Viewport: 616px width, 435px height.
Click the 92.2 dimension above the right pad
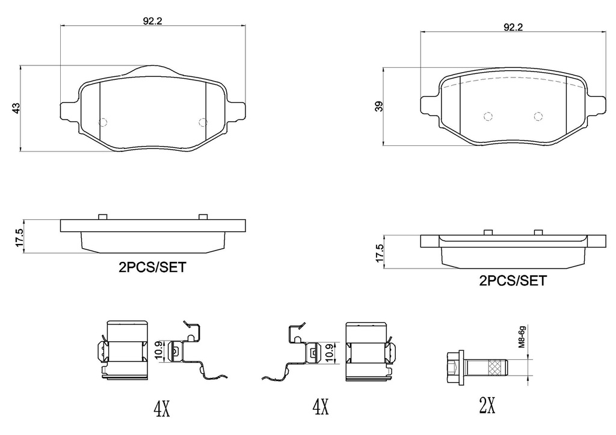pyautogui.click(x=513, y=27)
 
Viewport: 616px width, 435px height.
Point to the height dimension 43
pyautogui.click(x=17, y=108)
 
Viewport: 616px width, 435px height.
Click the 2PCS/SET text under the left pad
pyautogui.click(x=152, y=268)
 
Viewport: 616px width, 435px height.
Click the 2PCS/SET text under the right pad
pyautogui.click(x=513, y=280)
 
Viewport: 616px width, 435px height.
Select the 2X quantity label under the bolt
pyautogui.click(x=487, y=407)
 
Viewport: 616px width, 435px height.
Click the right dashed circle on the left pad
pyautogui.click(x=203, y=123)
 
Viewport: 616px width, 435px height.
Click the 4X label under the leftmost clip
pyautogui.click(x=162, y=410)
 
